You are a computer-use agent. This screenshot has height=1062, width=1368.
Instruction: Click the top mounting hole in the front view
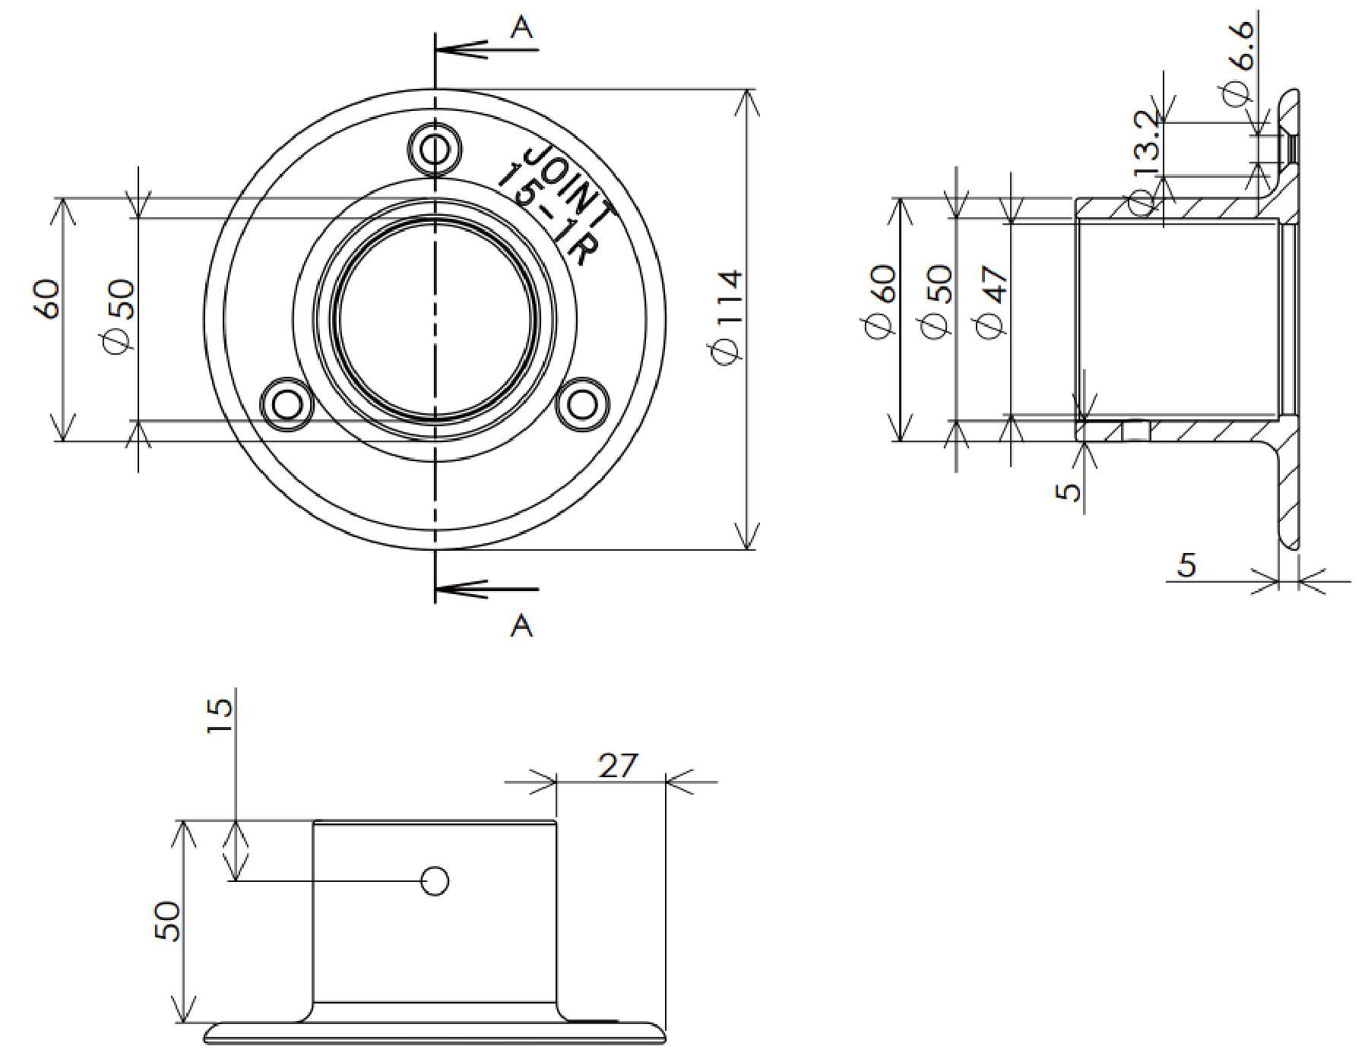click(x=435, y=149)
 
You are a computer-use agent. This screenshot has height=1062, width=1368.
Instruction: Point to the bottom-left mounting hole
click(x=287, y=404)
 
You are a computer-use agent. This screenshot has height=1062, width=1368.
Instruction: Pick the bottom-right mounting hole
click(x=583, y=404)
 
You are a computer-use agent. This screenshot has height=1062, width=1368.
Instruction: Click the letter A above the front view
click(x=522, y=27)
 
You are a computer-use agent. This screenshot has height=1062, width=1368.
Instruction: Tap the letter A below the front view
click(x=522, y=626)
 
